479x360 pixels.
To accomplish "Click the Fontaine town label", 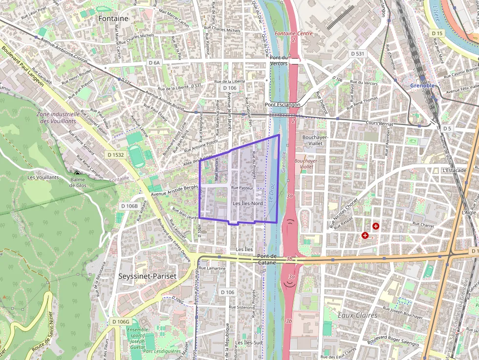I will [113, 18].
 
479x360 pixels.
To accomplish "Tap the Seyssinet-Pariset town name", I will [147, 275].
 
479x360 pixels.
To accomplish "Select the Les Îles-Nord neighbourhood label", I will [248, 203].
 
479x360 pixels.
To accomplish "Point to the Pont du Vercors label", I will [279, 61].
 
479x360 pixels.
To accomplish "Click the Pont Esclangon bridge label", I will [283, 105].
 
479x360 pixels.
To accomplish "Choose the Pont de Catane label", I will [267, 259].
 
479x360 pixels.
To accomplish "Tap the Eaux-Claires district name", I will [357, 315].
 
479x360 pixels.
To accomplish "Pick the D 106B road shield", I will [130, 206].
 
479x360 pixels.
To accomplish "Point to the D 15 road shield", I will [437, 33].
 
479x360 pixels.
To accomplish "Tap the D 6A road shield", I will [154, 63].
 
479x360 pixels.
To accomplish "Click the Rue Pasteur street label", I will [242, 188].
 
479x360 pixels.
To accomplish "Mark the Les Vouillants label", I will [43, 177].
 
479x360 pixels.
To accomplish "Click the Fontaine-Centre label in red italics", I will [293, 34].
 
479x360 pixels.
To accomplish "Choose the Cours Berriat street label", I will [379, 124].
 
